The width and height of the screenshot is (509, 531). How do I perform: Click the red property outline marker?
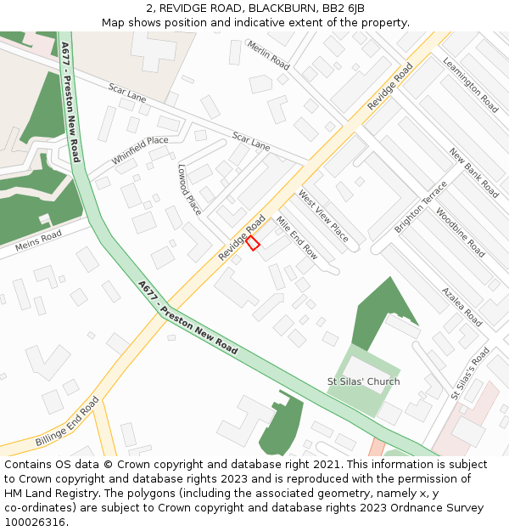253,243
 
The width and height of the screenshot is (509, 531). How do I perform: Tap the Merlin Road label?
268,55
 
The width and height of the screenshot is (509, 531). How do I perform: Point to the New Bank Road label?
474,172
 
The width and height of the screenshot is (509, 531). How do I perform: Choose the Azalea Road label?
461,306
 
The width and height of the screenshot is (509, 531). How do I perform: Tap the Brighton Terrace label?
420,207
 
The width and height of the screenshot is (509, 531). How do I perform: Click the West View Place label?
322,216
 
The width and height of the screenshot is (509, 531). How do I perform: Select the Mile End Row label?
296,237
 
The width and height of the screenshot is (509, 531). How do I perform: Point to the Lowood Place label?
189,189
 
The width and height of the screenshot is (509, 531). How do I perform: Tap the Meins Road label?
38,241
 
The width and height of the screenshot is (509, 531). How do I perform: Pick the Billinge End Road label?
67,422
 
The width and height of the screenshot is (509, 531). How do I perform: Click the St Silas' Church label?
363,381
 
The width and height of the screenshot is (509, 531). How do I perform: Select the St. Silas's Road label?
471,373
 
